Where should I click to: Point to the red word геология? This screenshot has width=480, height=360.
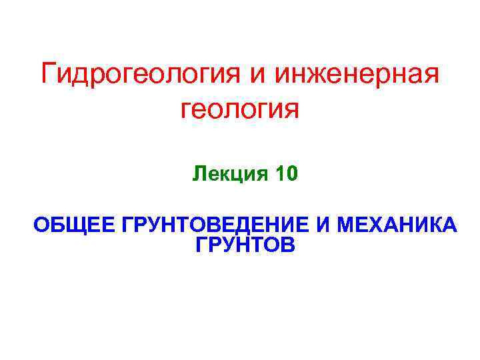239,109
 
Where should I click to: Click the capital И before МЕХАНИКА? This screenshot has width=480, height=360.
323,225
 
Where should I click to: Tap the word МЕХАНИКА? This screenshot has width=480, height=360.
397,225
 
